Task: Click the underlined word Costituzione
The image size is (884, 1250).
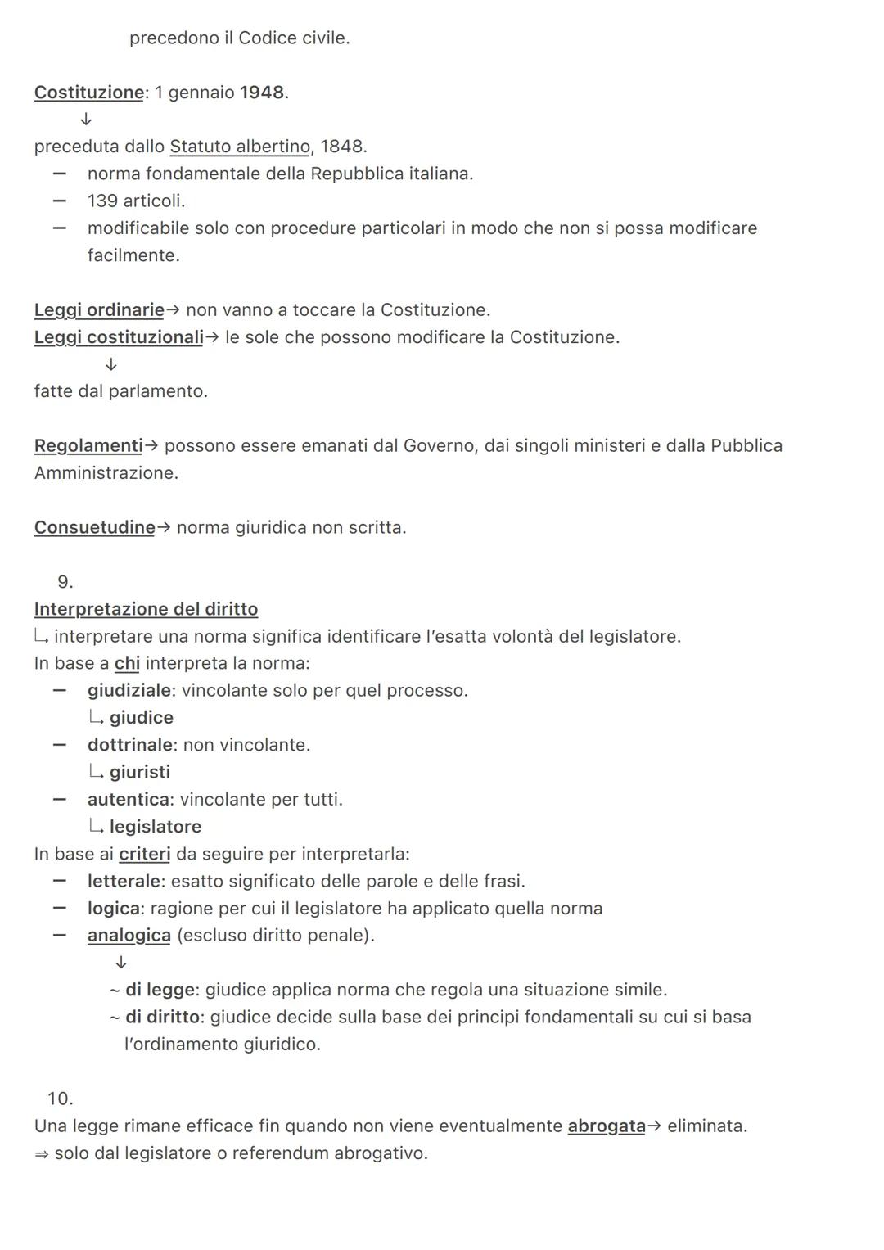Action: coord(88,93)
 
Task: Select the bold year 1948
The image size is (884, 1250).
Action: coord(262,93)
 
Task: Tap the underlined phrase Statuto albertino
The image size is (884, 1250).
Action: coord(240,147)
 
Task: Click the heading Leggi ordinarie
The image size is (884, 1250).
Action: coord(99,310)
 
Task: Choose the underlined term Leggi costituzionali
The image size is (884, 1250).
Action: coord(119,337)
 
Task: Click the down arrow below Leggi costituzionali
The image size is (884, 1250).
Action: coord(111,364)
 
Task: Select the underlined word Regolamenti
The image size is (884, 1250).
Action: coord(88,446)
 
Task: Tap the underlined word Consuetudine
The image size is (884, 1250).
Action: coord(94,528)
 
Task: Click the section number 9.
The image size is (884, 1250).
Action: coord(65,582)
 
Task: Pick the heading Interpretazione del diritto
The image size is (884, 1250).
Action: coord(146,609)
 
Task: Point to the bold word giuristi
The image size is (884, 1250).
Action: coord(140,772)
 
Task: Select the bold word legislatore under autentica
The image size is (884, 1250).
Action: coord(156,827)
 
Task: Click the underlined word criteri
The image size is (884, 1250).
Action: coord(144,854)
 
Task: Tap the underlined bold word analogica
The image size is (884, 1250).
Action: coord(129,935)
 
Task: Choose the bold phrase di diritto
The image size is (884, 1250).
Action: coord(162,1017)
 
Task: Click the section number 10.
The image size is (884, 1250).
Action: coord(60,1099)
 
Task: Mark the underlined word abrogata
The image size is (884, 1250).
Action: coord(607,1126)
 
